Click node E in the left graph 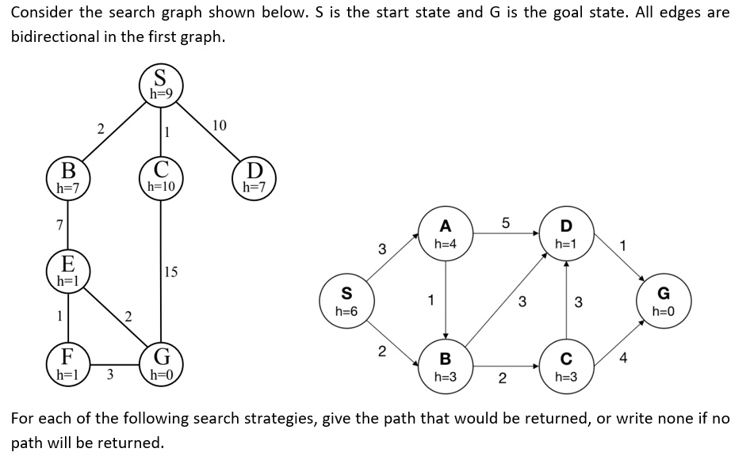(68, 270)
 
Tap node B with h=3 (446, 367)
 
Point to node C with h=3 (566, 367)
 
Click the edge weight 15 (172, 272)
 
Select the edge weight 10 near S (220, 126)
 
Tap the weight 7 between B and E (59, 225)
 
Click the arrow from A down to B (446, 301)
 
